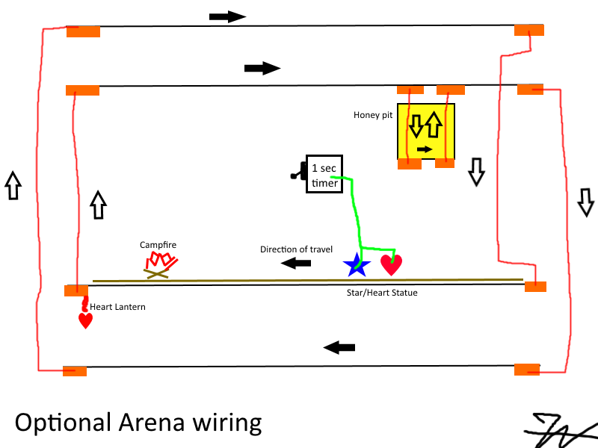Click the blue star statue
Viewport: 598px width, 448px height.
click(356, 264)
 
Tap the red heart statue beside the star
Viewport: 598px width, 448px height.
click(391, 264)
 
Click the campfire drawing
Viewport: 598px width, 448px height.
click(160, 265)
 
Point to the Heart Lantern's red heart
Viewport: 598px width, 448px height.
click(86, 320)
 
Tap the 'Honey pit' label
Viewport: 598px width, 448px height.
click(373, 115)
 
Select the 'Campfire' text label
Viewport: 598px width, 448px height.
click(158, 245)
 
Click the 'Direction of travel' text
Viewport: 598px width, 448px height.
click(296, 249)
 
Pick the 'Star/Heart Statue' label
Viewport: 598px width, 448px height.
click(382, 293)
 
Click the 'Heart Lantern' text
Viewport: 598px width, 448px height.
click(118, 307)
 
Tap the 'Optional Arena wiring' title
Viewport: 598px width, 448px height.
click(138, 423)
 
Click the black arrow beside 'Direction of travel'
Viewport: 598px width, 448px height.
click(297, 263)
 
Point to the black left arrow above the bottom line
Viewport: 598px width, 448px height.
click(339, 347)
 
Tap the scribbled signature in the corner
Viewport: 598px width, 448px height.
click(559, 430)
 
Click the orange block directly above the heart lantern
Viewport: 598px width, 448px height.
click(76, 290)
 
